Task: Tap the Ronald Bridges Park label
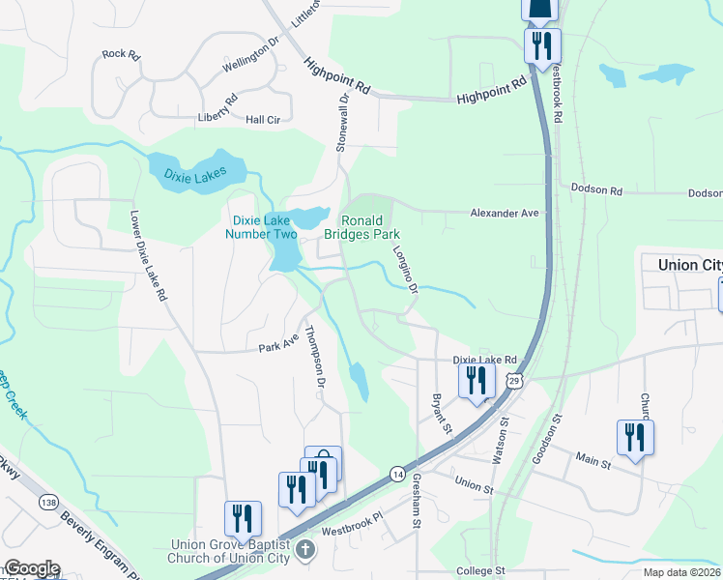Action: tap(368, 226)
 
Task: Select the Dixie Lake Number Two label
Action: tap(261, 226)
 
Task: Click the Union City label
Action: tap(689, 265)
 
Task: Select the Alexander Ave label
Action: tap(504, 213)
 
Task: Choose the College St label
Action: tap(481, 571)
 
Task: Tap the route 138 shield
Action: tap(47, 503)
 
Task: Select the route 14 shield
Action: tap(397, 473)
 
